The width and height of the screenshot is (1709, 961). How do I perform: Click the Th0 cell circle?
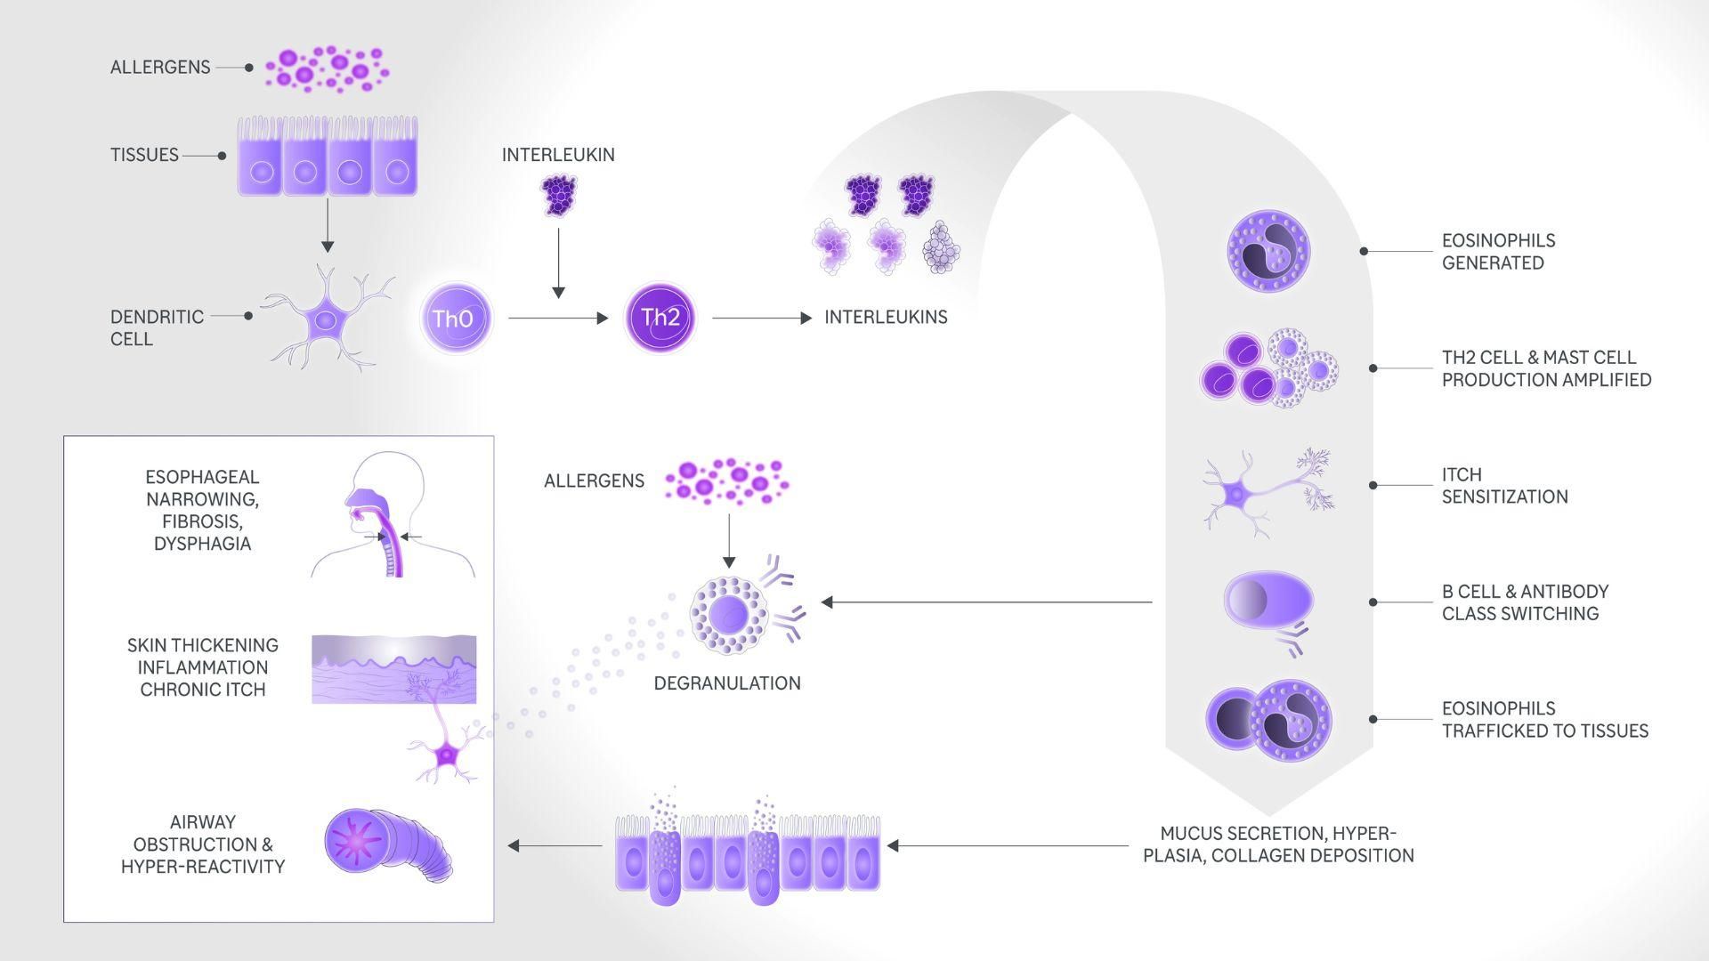(455, 319)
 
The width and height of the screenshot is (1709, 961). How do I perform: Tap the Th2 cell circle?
(661, 318)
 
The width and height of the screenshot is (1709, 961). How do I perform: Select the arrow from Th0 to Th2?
(557, 318)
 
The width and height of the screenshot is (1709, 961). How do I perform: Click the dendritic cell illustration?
(328, 319)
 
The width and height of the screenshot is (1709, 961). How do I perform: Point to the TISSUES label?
(144, 155)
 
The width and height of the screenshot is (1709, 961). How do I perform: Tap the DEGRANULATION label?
(727, 683)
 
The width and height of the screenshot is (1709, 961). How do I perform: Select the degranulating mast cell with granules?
(729, 615)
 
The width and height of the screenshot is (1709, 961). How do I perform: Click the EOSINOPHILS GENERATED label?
(1498, 252)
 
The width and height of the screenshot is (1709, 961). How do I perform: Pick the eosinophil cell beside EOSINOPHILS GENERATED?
(1268, 251)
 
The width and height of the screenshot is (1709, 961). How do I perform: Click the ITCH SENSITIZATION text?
(1504, 486)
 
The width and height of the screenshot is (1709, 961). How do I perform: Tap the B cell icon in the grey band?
(1268, 599)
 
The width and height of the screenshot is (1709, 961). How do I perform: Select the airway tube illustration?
(387, 844)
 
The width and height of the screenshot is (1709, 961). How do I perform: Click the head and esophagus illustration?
(392, 516)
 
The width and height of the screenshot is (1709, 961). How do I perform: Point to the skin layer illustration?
(393, 669)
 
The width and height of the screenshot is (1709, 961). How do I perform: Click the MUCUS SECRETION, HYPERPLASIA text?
(1278, 844)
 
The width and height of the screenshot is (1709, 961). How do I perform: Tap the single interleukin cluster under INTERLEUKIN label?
(559, 195)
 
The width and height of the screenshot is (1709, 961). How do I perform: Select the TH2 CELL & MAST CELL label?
(1546, 368)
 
